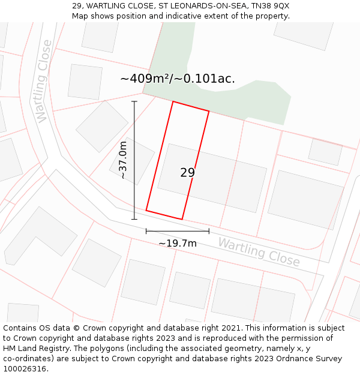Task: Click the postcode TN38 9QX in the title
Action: [x=269, y=5]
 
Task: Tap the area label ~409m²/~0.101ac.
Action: [x=178, y=79]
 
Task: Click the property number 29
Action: [x=187, y=173]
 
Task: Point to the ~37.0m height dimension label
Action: [x=123, y=160]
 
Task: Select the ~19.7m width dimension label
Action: [x=178, y=243]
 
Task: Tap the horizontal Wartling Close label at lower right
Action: [x=259, y=252]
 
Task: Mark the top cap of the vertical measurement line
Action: [x=134, y=101]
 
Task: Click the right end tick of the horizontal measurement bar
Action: [x=209, y=230]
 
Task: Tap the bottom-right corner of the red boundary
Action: [x=182, y=219]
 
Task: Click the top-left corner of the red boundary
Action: [x=173, y=102]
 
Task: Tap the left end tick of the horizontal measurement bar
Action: [x=146, y=230]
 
